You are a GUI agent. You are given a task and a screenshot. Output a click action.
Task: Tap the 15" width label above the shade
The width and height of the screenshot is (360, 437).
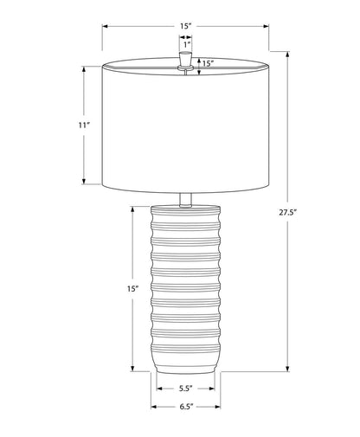click(x=185, y=26)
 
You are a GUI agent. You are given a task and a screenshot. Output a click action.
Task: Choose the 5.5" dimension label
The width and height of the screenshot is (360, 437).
click(x=185, y=389)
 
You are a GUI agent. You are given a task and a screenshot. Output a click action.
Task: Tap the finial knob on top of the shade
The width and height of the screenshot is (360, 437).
click(x=185, y=59)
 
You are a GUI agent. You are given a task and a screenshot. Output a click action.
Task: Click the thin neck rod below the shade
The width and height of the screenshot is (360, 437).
click(x=185, y=198)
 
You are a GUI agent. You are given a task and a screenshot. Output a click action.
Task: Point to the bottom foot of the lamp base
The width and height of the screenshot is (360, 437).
click(x=185, y=368)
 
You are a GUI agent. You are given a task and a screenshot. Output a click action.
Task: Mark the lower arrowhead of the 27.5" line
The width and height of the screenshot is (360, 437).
click(x=290, y=369)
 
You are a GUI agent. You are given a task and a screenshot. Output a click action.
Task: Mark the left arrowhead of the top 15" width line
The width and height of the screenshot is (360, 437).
click(x=106, y=26)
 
